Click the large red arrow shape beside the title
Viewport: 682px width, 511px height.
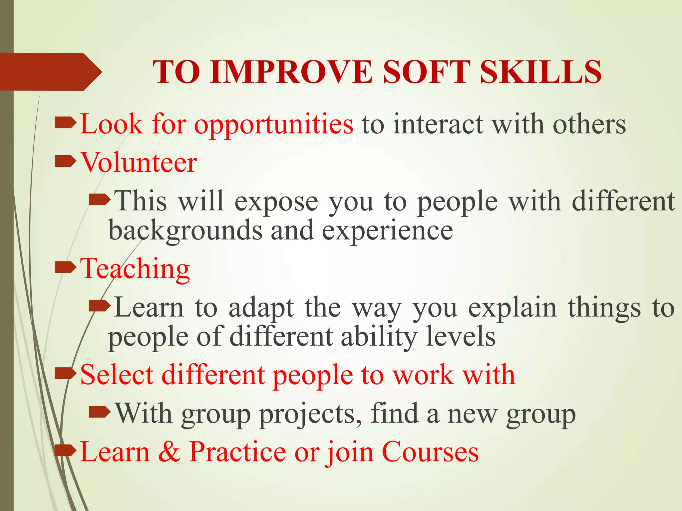pyautogui.click(x=50, y=72)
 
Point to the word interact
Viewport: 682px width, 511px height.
pyautogui.click(x=438, y=124)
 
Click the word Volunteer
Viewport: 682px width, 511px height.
pyautogui.click(x=139, y=163)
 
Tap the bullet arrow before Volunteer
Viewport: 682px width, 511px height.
pyautogui.click(x=65, y=162)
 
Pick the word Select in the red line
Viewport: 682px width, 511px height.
pyautogui.click(x=117, y=375)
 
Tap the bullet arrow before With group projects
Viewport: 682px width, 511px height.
pyautogui.click(x=100, y=412)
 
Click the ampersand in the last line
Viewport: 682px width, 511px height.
pyautogui.click(x=169, y=452)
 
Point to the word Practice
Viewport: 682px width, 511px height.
pyautogui.click(x=237, y=452)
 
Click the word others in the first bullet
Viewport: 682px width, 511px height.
pyautogui.click(x=589, y=124)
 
